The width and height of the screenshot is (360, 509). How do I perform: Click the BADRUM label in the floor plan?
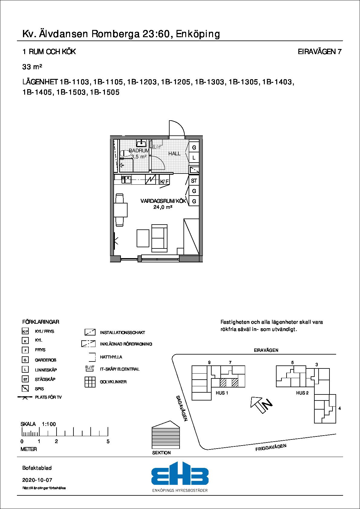pos(139,151)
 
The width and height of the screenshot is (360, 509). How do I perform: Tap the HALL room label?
pos(174,154)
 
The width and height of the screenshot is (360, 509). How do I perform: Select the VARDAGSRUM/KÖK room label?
pos(163,201)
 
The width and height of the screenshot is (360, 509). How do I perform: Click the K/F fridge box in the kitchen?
pos(164,181)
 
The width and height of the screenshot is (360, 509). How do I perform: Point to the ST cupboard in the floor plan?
pos(194,181)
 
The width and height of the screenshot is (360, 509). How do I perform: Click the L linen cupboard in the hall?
pos(194,158)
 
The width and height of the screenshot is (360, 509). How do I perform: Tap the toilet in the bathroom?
pos(125,154)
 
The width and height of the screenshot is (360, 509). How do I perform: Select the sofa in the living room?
pos(159,238)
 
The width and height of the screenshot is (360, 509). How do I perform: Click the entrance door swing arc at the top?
pos(177,129)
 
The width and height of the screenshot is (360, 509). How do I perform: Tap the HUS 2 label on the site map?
pos(302,393)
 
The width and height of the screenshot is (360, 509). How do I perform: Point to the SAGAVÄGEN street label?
pos(182,408)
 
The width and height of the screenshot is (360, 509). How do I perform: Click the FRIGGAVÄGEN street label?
pos(271,447)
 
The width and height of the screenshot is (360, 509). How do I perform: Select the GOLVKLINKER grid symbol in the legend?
pos(90,382)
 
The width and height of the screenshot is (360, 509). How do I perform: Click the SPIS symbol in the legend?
pos(25,389)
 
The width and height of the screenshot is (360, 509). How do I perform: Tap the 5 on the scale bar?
pos(108,441)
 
